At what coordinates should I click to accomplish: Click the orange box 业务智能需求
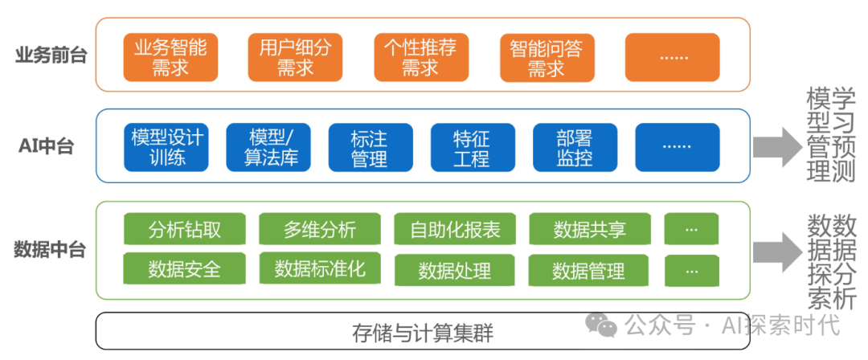pos(170,58)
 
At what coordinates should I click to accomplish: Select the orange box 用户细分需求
pos(295,58)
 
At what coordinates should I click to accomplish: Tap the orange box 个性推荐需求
pos(420,58)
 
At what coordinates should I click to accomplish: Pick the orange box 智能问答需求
pos(546,58)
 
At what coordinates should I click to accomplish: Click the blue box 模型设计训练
pos(167,147)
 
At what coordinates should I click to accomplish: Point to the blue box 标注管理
pos(370,147)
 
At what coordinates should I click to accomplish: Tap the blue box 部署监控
pos(575,147)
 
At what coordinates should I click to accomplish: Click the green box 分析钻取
pos(185,230)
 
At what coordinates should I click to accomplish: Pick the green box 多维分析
pos(320,230)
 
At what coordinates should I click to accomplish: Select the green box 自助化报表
pos(455,230)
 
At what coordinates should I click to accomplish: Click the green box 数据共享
pos(589,230)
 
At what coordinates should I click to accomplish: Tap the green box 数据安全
pos(185,268)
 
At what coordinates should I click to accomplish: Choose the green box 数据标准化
pos(320,268)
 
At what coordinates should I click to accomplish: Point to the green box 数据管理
pos(589,271)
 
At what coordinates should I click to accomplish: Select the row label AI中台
pos(47,146)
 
